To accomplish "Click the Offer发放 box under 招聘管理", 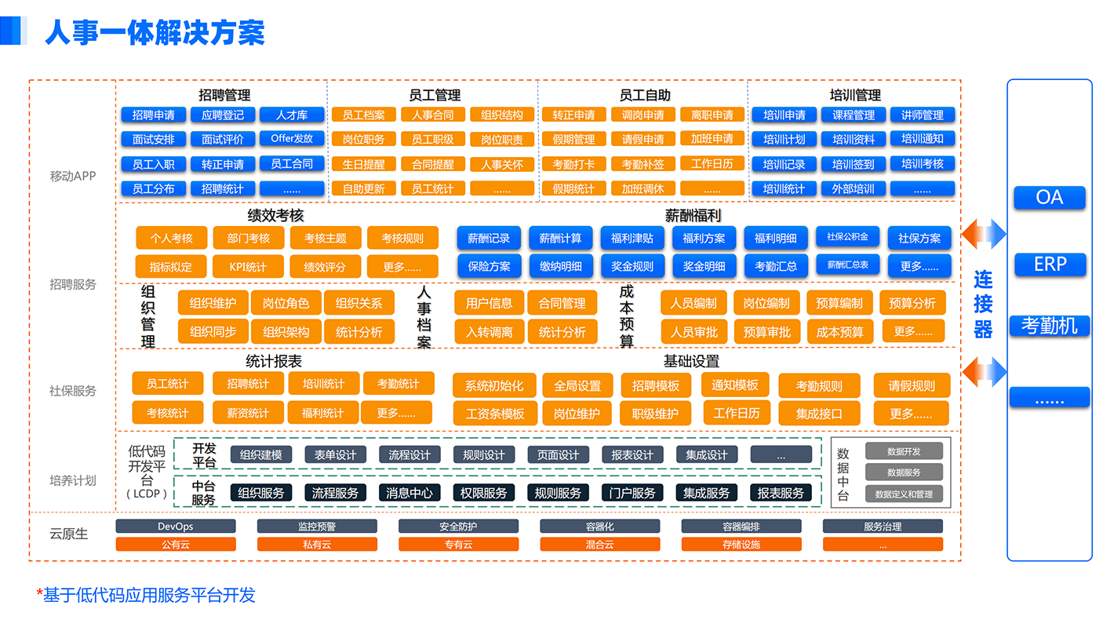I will click(292, 139).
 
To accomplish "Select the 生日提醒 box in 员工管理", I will click(363, 165).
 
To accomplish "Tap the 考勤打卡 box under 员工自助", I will click(573, 165).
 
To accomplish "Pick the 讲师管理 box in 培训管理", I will click(922, 115).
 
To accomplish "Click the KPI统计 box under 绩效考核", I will click(248, 266).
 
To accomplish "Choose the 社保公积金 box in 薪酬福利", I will click(847, 237).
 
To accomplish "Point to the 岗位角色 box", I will click(286, 303).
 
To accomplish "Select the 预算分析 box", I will click(912, 303).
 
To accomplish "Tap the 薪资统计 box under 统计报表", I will click(248, 413).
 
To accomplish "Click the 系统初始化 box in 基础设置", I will click(493, 385).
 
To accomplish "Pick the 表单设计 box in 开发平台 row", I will click(335, 454).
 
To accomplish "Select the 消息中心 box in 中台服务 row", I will click(410, 493).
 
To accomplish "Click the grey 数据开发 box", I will click(904, 451).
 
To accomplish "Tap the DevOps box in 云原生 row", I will click(176, 526).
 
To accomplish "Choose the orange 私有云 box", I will click(317, 544).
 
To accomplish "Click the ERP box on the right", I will click(1050, 264).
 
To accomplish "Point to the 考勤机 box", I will click(1050, 325).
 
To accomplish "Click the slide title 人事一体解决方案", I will click(155, 33).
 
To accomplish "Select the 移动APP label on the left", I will click(73, 176).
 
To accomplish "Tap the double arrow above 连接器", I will click(984, 234).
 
